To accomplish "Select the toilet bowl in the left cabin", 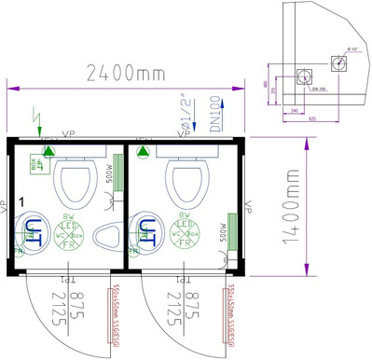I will [76, 181].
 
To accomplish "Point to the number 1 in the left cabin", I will [21, 201].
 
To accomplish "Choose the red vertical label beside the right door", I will [229, 312].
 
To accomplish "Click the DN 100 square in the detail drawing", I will [304, 76].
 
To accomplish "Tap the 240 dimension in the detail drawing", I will [296, 110].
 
